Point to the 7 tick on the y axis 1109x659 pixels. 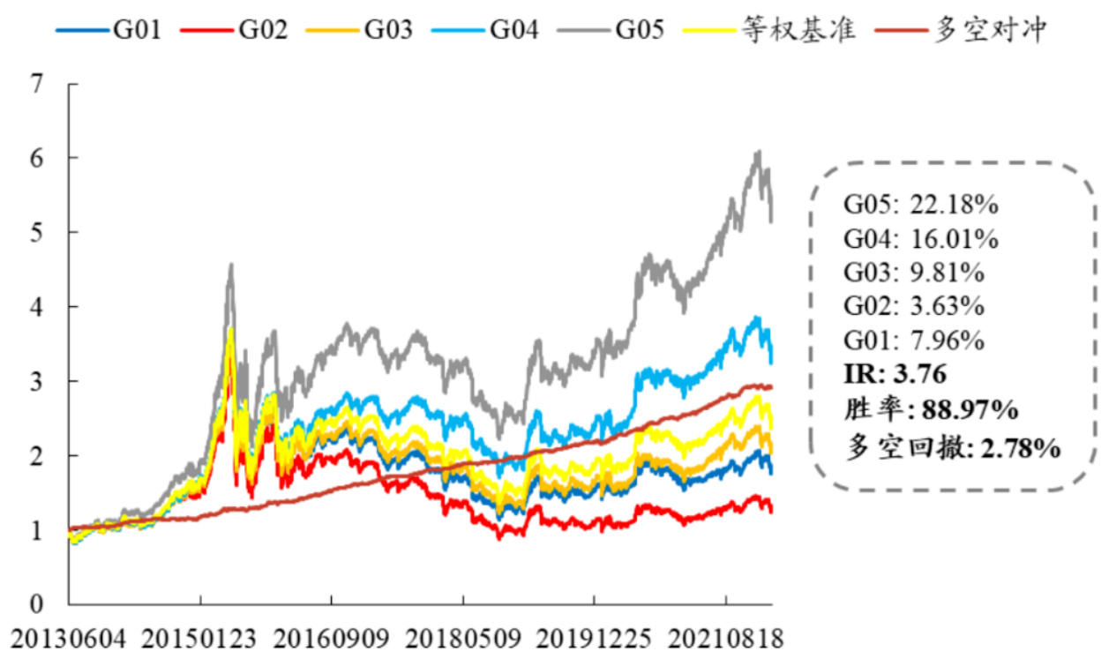(x=36, y=85)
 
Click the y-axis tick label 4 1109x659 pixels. (x=36, y=307)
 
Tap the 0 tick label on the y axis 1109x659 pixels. (x=36, y=605)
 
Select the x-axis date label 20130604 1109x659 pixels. (x=69, y=638)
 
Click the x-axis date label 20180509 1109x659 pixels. (x=462, y=638)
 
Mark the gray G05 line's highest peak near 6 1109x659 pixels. (x=758, y=152)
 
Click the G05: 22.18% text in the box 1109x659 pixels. (x=921, y=205)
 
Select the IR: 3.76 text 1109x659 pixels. (x=895, y=374)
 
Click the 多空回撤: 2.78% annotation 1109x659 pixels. (x=952, y=448)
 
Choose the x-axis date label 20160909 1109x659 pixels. (x=331, y=638)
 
